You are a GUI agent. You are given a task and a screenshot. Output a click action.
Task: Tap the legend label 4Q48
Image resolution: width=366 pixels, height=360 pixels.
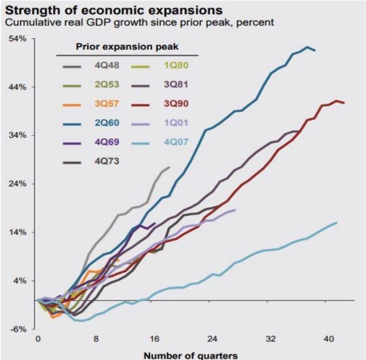pyautogui.click(x=105, y=66)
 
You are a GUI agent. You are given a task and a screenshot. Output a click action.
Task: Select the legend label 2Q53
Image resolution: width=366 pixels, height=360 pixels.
pyautogui.click(x=105, y=86)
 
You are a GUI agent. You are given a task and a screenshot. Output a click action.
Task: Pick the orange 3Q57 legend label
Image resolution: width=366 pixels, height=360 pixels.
pyautogui.click(x=105, y=104)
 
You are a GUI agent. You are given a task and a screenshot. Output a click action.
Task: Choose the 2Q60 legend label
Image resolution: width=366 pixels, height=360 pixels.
pyautogui.click(x=105, y=123)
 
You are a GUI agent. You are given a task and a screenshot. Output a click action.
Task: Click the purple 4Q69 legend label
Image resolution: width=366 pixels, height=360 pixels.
pyautogui.click(x=105, y=142)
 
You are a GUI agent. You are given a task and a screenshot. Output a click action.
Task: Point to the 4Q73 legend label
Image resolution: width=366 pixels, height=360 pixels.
pyautogui.click(x=105, y=161)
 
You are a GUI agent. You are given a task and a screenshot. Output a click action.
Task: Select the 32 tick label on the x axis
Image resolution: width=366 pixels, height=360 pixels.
pyautogui.click(x=271, y=338)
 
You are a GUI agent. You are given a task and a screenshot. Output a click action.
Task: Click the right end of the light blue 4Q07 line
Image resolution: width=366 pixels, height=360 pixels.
pyautogui.click(x=337, y=222)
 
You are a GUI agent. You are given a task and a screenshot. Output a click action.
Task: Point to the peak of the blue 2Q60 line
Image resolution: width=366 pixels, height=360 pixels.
pyautogui.click(x=308, y=47)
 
